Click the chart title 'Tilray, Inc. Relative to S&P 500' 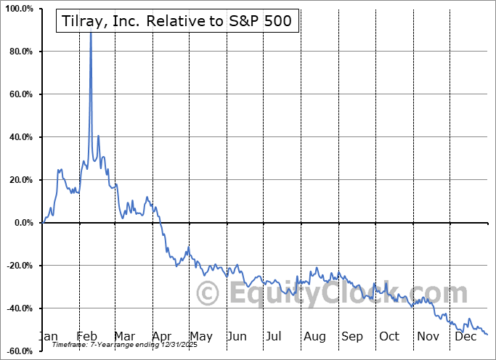174,20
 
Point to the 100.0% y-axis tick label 19,9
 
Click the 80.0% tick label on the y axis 20,52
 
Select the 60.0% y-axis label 20,94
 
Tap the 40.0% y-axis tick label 20,137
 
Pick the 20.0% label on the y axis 20,180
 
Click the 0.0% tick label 23,223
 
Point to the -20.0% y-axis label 19,266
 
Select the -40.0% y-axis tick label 19,308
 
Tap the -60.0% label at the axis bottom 19,351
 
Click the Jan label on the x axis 48,336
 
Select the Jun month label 237,336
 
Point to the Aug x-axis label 315,336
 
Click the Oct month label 390,336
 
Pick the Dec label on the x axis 465,336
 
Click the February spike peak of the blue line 91,32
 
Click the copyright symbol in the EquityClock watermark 208,294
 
